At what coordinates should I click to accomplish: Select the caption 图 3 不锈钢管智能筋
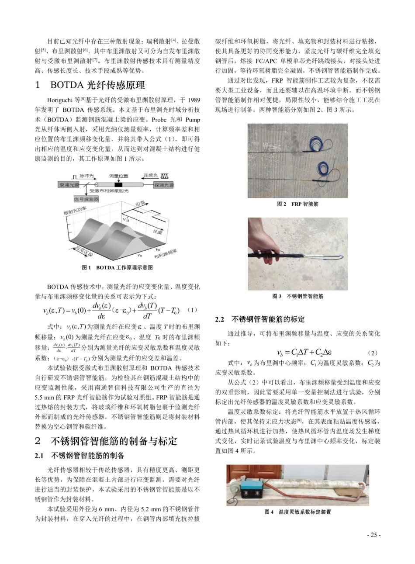(297, 296)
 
